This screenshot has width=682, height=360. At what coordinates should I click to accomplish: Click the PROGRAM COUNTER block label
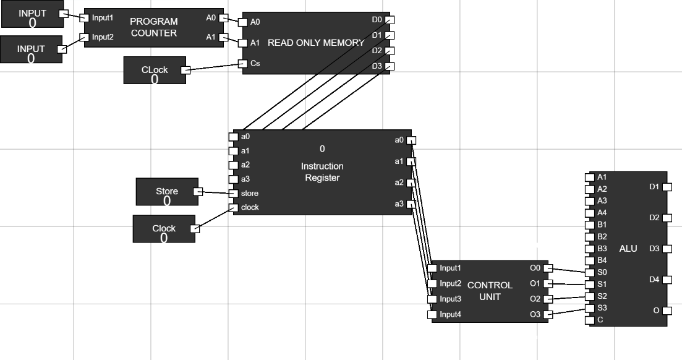(x=154, y=27)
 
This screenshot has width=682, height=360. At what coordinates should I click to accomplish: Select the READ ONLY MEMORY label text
(x=316, y=43)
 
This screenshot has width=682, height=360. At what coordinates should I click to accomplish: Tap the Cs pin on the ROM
(x=242, y=63)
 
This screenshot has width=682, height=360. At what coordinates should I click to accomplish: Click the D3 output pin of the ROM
(x=389, y=66)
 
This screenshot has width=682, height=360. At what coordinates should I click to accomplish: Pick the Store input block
(x=166, y=192)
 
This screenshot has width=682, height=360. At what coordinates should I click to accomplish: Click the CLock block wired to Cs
(x=154, y=71)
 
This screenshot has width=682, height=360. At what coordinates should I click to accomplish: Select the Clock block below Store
(x=164, y=229)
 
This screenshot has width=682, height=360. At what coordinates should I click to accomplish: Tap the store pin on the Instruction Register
(x=233, y=193)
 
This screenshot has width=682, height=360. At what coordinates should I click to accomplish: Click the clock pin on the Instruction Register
(x=233, y=207)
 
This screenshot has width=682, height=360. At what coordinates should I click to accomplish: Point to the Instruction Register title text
(x=322, y=172)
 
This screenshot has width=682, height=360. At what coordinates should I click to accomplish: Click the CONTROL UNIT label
(x=490, y=291)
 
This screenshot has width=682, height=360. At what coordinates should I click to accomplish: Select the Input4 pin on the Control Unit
(x=432, y=315)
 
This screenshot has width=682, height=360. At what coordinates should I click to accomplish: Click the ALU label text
(x=628, y=248)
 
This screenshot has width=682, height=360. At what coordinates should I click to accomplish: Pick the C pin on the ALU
(x=589, y=320)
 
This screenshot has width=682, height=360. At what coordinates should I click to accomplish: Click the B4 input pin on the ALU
(x=589, y=260)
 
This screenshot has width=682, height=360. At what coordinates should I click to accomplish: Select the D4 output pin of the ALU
(x=667, y=280)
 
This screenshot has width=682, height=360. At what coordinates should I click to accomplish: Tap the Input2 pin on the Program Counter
(x=87, y=37)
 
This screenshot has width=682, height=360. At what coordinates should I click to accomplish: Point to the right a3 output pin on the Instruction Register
(x=411, y=205)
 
